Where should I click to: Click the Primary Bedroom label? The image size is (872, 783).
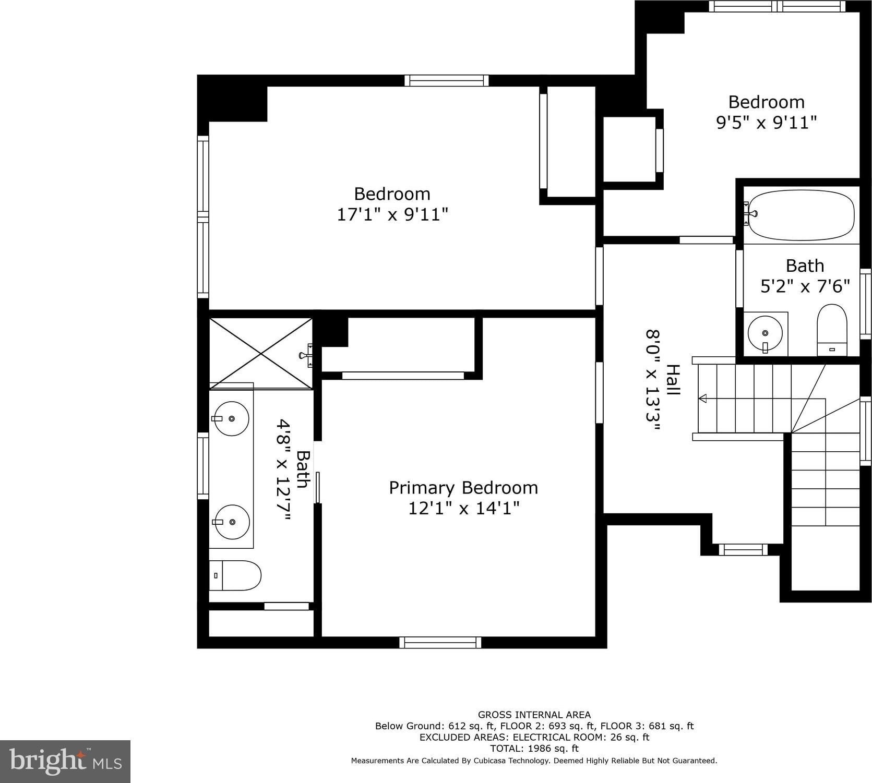463,488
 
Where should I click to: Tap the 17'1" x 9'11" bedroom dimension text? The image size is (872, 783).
392,214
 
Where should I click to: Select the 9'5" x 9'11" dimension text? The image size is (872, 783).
766,123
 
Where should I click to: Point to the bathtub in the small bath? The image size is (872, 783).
801,215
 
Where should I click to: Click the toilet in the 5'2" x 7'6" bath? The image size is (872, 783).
832,330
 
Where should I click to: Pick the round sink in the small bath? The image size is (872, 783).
765,333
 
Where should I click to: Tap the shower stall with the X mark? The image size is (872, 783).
261,354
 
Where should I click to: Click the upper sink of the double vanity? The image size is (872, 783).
231,418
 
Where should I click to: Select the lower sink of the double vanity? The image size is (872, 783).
232,522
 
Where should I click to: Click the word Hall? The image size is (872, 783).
673,379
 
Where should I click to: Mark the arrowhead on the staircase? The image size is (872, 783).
702,399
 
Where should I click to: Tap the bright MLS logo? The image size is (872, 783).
65,761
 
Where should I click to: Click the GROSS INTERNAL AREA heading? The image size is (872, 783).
534,715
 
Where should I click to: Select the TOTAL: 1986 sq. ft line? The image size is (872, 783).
534,749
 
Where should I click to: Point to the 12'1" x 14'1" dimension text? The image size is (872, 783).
463,508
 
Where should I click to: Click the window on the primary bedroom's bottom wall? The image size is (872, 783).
440,643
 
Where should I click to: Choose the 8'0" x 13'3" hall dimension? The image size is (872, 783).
653,380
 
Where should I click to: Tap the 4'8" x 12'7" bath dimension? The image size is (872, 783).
283,470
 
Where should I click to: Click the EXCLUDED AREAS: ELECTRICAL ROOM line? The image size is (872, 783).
534,737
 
